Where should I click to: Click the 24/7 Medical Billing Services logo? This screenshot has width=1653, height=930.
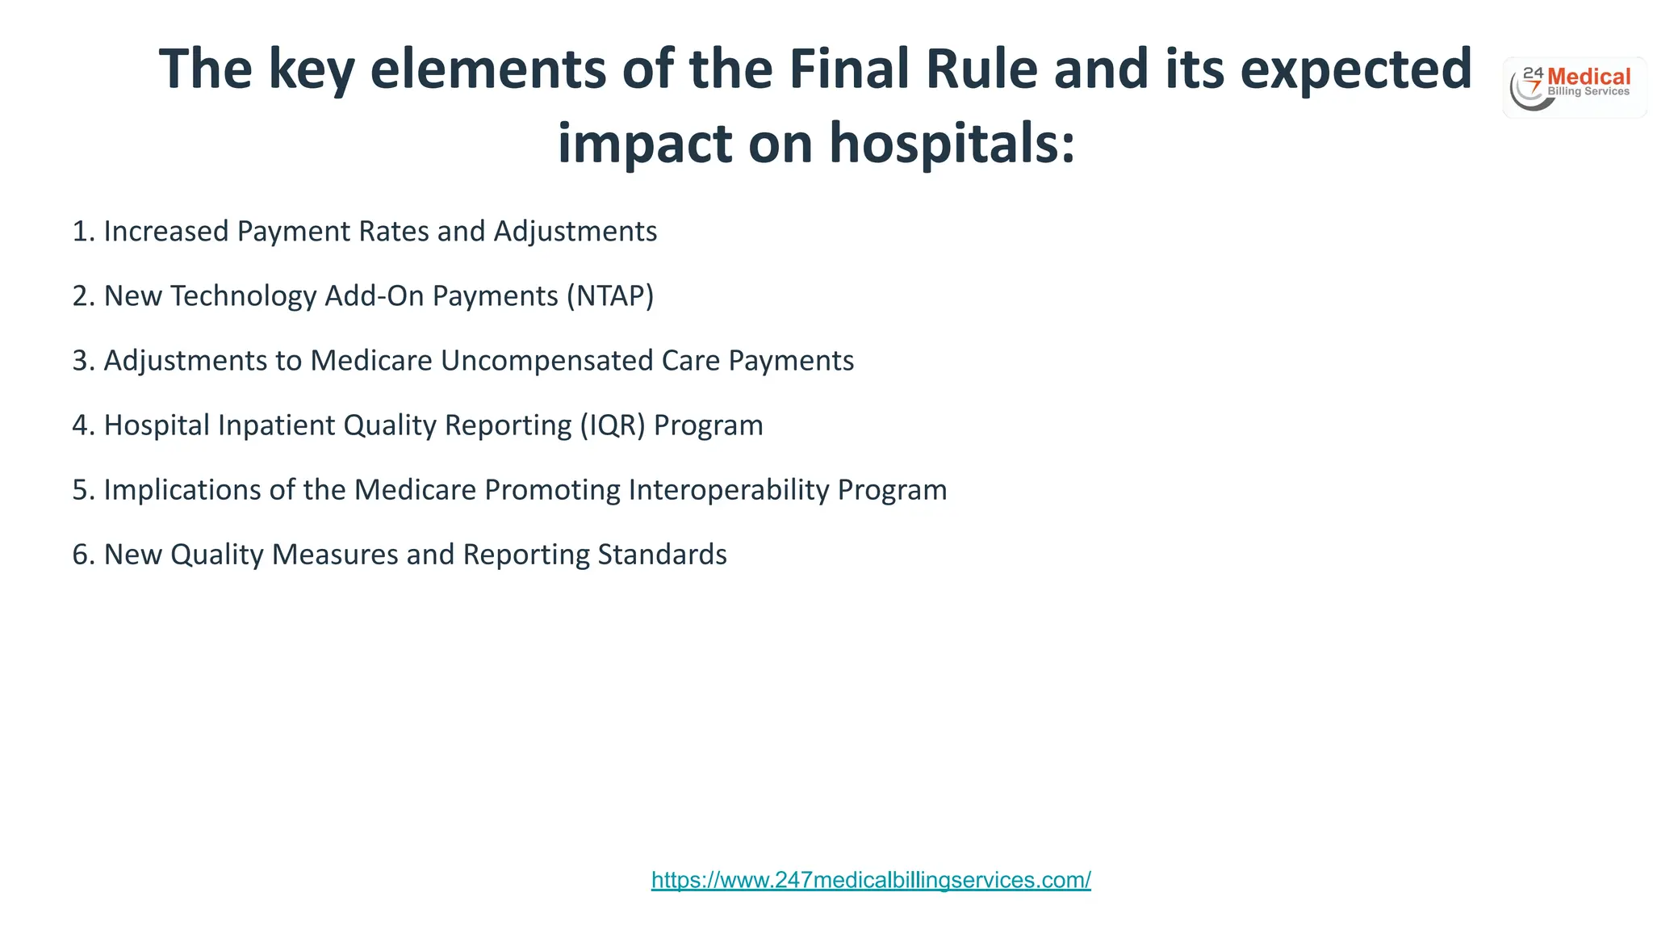1574,87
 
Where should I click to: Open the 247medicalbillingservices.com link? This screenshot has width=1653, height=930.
871,880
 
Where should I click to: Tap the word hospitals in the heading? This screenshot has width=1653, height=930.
952,143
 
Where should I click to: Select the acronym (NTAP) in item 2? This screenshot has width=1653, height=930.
610,296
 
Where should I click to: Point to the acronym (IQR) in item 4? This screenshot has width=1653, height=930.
613,425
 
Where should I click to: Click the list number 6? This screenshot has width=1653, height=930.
82,555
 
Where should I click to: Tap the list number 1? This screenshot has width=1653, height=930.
82,232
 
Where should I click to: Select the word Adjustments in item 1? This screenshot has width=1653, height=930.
575,232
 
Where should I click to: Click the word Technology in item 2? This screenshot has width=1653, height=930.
242,296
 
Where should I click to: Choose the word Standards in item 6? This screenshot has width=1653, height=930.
662,555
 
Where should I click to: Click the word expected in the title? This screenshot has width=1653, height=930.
1356,69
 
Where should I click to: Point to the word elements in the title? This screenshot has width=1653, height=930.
488,69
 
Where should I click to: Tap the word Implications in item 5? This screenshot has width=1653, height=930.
182,490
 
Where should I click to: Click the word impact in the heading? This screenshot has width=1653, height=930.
644,143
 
